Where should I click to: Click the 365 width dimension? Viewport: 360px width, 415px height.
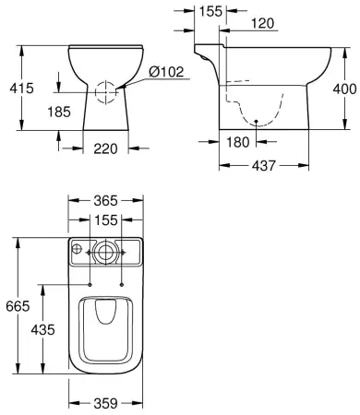[x=106, y=200]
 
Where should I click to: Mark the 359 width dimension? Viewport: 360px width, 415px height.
[x=106, y=402]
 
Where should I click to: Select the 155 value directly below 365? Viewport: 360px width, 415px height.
[x=106, y=221]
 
